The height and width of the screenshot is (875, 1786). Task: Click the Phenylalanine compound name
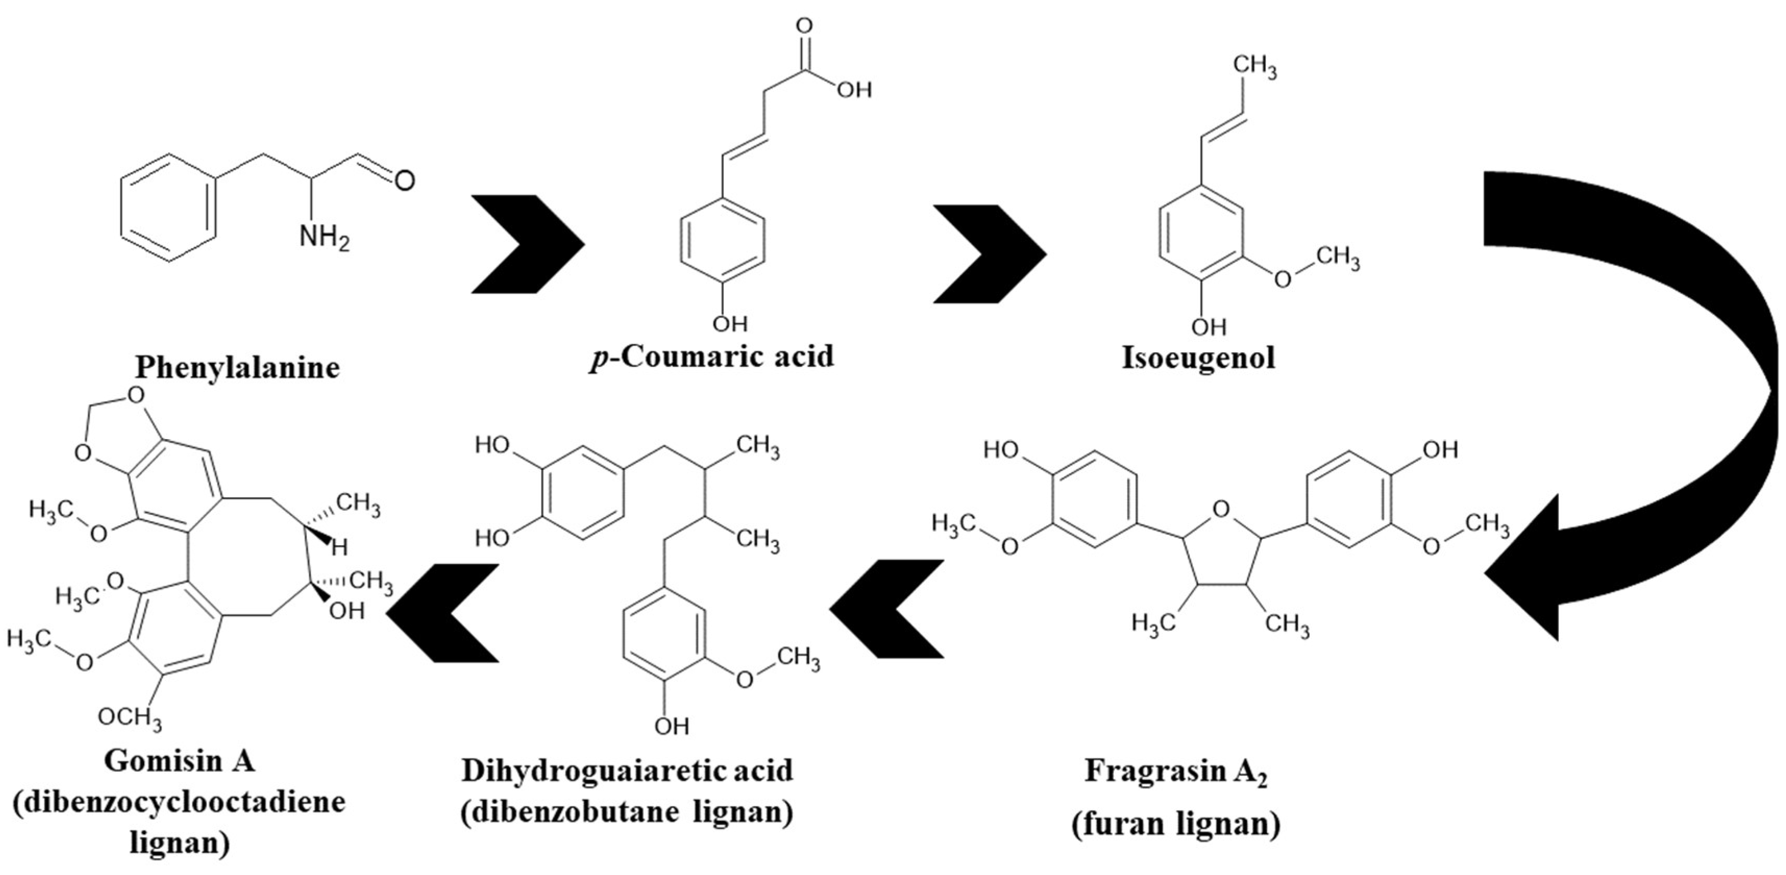237,367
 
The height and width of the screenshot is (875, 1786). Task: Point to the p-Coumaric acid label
712,356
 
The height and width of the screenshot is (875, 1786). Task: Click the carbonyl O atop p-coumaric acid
804,27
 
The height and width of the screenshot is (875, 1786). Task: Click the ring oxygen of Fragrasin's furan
1222,510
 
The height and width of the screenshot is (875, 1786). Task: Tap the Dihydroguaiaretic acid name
627,770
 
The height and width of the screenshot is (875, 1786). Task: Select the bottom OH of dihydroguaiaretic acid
672,726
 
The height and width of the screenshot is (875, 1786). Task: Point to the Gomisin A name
180,760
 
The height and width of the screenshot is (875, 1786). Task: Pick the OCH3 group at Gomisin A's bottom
130,717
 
